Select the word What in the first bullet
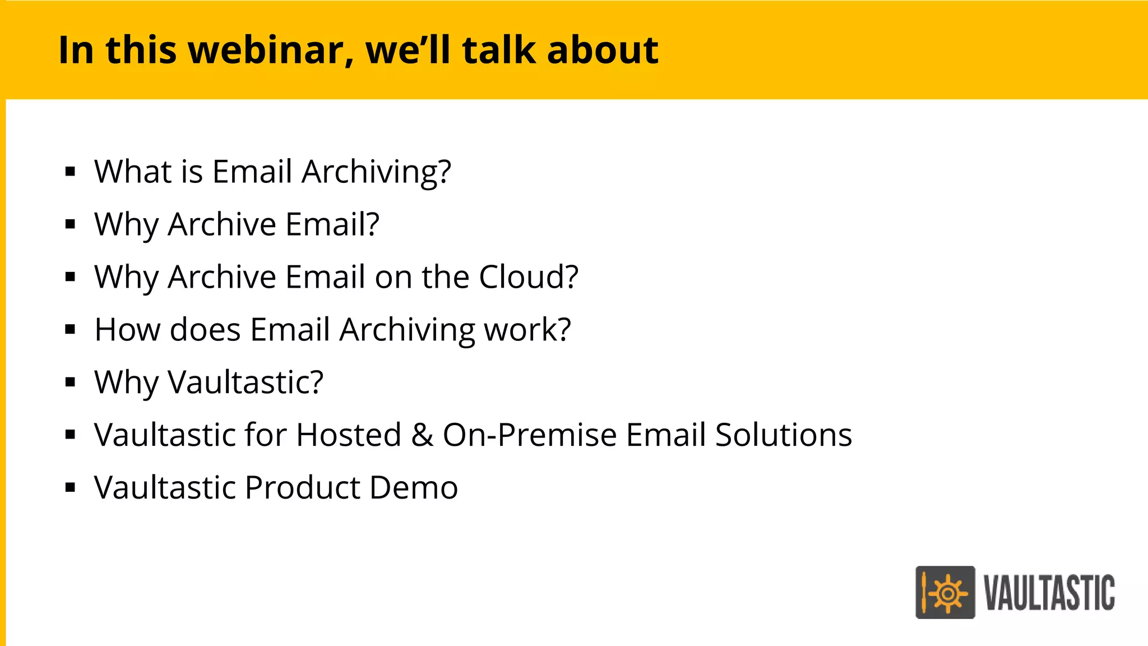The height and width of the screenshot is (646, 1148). coord(133,172)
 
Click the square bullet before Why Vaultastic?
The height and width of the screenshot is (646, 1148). coord(70,382)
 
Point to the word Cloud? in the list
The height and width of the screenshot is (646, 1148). coord(528,277)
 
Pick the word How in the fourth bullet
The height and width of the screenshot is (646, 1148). coord(127,330)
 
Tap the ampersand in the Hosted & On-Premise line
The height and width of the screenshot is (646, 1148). coord(422,435)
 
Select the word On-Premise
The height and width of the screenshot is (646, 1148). coord(530,435)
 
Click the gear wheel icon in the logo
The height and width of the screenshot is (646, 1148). coord(947,593)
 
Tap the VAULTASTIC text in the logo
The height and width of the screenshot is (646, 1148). coord(1049,593)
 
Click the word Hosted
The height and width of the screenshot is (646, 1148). coord(349,435)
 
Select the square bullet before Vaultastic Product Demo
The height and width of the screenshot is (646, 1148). coord(70,488)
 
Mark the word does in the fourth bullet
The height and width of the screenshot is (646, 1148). coord(205,330)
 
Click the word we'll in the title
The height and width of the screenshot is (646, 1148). coord(408,50)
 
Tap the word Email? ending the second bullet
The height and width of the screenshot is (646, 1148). coord(332,224)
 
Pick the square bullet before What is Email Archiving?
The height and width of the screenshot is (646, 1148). coord(70,172)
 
